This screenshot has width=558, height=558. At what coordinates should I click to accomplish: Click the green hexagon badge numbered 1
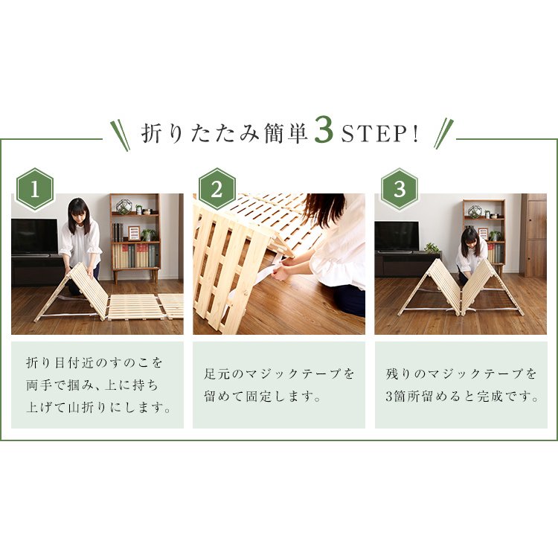pyautogui.click(x=35, y=189)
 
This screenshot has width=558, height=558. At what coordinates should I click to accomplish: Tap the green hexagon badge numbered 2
pyautogui.click(x=217, y=189)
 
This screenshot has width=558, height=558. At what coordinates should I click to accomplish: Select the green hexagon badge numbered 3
pyautogui.click(x=400, y=189)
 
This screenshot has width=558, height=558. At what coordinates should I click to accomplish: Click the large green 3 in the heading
pyautogui.click(x=324, y=132)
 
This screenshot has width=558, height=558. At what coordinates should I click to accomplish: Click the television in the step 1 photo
pyautogui.click(x=34, y=237)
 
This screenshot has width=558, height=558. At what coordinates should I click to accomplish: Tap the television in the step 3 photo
pyautogui.click(x=397, y=237)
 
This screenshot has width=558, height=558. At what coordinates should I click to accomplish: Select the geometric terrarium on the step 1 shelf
pyautogui.click(x=124, y=207)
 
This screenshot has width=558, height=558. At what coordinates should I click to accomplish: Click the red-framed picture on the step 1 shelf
pyautogui.click(x=134, y=233)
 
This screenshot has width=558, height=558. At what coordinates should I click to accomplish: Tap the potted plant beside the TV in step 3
pyautogui.click(x=432, y=247)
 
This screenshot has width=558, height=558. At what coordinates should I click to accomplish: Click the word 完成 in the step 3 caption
pyautogui.click(x=491, y=397)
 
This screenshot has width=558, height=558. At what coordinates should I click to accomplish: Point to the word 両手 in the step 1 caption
pyautogui.click(x=39, y=385)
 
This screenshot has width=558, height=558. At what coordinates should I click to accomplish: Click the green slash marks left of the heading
pyautogui.click(x=121, y=135)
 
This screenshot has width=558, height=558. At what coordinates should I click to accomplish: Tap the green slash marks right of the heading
pyautogui.click(x=443, y=133)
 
